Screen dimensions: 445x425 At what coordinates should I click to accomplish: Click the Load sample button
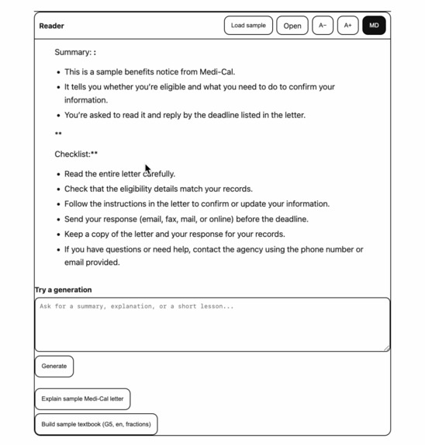pyautogui.click(x=248, y=26)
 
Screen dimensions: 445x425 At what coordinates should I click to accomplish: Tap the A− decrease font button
pyautogui.click(x=323, y=26)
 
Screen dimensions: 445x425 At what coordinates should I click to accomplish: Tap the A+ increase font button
pyautogui.click(x=348, y=26)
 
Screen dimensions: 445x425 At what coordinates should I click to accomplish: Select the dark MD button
pyautogui.click(x=374, y=26)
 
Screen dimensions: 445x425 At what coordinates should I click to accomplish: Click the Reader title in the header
pyautogui.click(x=52, y=26)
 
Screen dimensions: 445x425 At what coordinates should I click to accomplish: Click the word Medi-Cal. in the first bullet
pyautogui.click(x=217, y=71)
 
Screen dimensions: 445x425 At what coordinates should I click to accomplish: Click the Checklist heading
pyautogui.click(x=75, y=154)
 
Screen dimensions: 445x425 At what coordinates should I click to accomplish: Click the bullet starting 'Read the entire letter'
pyautogui.click(x=119, y=174)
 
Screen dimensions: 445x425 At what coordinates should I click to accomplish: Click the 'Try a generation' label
pyautogui.click(x=64, y=290)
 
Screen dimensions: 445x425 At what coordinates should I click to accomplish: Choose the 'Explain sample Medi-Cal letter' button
pyautogui.click(x=82, y=399)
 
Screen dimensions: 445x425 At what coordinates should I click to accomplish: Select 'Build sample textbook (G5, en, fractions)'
pyautogui.click(x=96, y=425)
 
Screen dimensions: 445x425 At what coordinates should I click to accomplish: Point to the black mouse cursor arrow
pyautogui.click(x=147, y=169)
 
